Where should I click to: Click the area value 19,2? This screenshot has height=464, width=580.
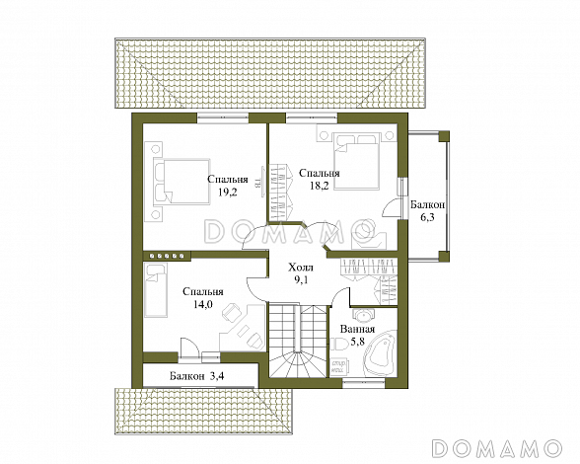tap(228, 193)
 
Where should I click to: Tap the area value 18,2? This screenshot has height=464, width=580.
tap(320, 186)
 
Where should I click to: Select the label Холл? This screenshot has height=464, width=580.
tap(301, 268)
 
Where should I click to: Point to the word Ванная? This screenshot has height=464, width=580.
tap(357, 329)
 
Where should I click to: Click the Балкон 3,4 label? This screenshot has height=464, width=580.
tap(197, 376)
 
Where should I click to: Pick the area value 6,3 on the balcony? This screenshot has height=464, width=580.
tap(427, 217)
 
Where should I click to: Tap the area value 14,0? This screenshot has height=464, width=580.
tap(203, 304)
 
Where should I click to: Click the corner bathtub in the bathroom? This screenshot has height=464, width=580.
tap(380, 352)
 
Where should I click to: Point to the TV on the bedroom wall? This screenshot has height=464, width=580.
tap(262, 180)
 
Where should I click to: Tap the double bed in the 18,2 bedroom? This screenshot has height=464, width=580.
tap(357, 162)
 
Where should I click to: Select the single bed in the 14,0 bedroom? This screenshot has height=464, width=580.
tap(156, 290)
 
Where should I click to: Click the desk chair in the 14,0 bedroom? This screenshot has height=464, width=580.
tap(233, 313)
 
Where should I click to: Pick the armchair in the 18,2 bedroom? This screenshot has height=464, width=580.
tap(367, 236)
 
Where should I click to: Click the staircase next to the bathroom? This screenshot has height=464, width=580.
tap(298, 341)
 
